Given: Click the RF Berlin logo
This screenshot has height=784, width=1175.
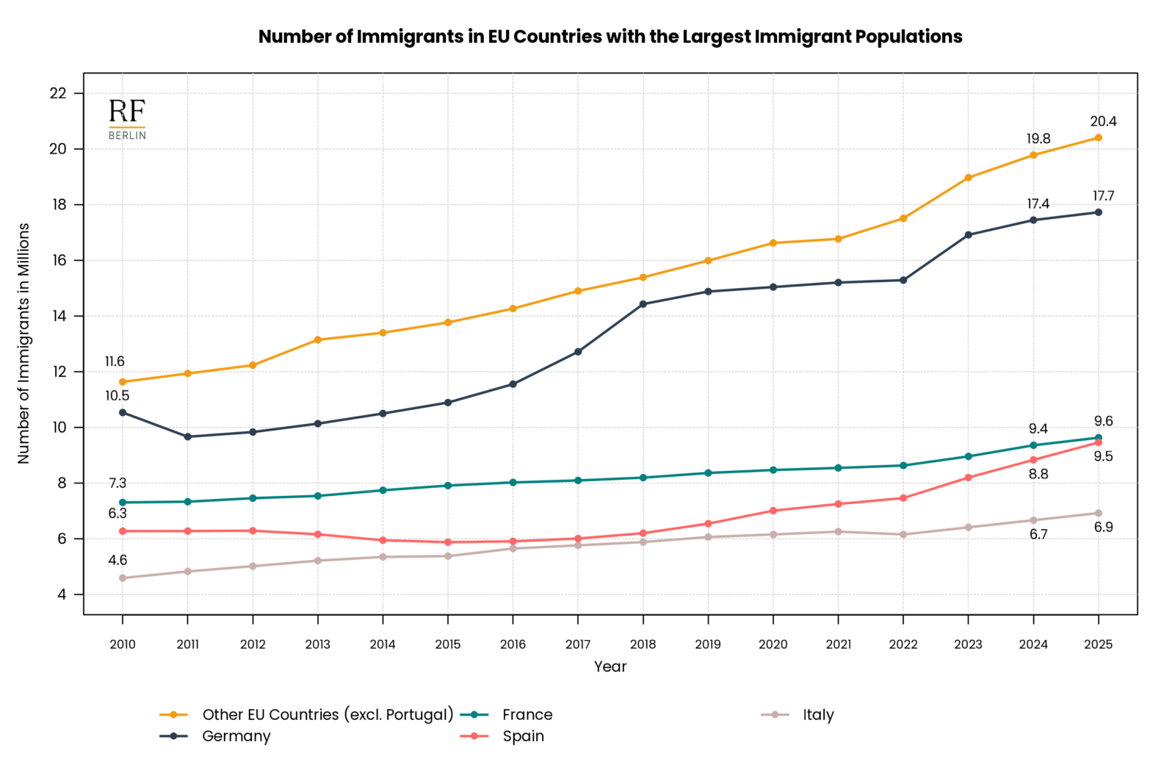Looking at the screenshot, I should (x=127, y=119).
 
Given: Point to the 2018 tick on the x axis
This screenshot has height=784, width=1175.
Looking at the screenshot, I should (x=643, y=644).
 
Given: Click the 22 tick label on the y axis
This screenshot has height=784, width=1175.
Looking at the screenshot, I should (x=58, y=93).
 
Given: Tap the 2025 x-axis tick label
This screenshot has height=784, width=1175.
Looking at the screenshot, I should (x=1098, y=644).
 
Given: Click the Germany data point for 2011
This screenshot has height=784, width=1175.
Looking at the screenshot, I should (x=187, y=436).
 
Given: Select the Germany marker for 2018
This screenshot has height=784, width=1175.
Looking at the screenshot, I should (x=643, y=304).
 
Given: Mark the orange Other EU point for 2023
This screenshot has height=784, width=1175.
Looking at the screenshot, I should (x=968, y=178).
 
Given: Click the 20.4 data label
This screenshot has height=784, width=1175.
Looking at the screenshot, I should (x=1103, y=122).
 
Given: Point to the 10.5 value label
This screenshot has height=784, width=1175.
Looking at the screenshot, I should (x=117, y=396).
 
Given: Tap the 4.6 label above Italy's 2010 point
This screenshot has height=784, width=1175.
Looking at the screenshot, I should (x=117, y=561).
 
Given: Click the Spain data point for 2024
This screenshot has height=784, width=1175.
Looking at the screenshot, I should (x=1033, y=460).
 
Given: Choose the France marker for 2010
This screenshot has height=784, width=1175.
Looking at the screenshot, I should (x=123, y=503).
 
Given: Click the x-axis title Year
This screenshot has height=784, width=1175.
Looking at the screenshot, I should (x=610, y=666).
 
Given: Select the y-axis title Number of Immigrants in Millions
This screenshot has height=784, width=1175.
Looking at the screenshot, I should (x=23, y=343).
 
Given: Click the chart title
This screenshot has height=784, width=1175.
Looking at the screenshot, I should (x=610, y=37).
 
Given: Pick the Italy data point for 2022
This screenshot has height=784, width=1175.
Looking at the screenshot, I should (x=903, y=534).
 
